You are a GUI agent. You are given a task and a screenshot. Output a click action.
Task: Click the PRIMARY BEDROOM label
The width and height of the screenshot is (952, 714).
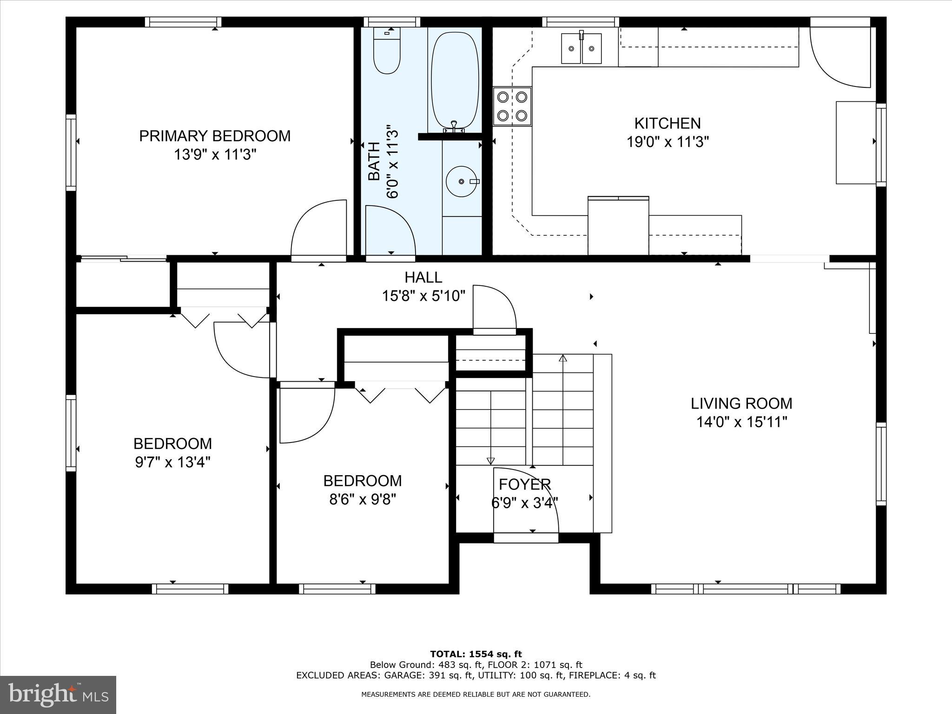(x=215, y=136)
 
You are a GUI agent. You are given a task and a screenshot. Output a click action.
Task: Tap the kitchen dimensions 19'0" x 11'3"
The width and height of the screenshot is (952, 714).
(x=668, y=141)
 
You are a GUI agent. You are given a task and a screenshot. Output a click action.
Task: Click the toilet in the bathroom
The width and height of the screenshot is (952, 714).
(x=387, y=53)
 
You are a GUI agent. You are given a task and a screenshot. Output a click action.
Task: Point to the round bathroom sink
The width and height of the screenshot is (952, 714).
(x=462, y=181)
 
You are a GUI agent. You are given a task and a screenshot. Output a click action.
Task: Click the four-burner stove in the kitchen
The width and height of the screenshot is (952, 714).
(x=512, y=106)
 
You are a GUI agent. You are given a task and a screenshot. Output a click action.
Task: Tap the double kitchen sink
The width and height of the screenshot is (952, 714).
(x=581, y=48)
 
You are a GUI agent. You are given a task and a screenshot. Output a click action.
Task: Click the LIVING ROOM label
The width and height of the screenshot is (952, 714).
(x=741, y=403)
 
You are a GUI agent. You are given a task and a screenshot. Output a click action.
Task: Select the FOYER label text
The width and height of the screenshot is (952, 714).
(x=525, y=484)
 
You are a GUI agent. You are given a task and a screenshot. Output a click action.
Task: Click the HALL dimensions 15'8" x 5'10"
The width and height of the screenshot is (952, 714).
(x=423, y=296)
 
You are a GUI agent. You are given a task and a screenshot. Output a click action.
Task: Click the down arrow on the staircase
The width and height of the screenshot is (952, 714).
(x=490, y=461)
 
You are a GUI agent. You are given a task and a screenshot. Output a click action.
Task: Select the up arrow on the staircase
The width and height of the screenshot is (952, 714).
(x=563, y=358)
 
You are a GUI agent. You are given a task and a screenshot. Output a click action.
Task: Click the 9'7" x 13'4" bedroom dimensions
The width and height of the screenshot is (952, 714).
(x=172, y=462)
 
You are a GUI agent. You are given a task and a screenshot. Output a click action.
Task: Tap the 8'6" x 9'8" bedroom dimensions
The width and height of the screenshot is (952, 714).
(x=363, y=499)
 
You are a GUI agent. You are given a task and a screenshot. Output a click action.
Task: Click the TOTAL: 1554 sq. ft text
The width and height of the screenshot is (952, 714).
(x=476, y=654)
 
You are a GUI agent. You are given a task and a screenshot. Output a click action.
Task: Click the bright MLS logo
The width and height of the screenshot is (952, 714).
(x=58, y=695)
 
